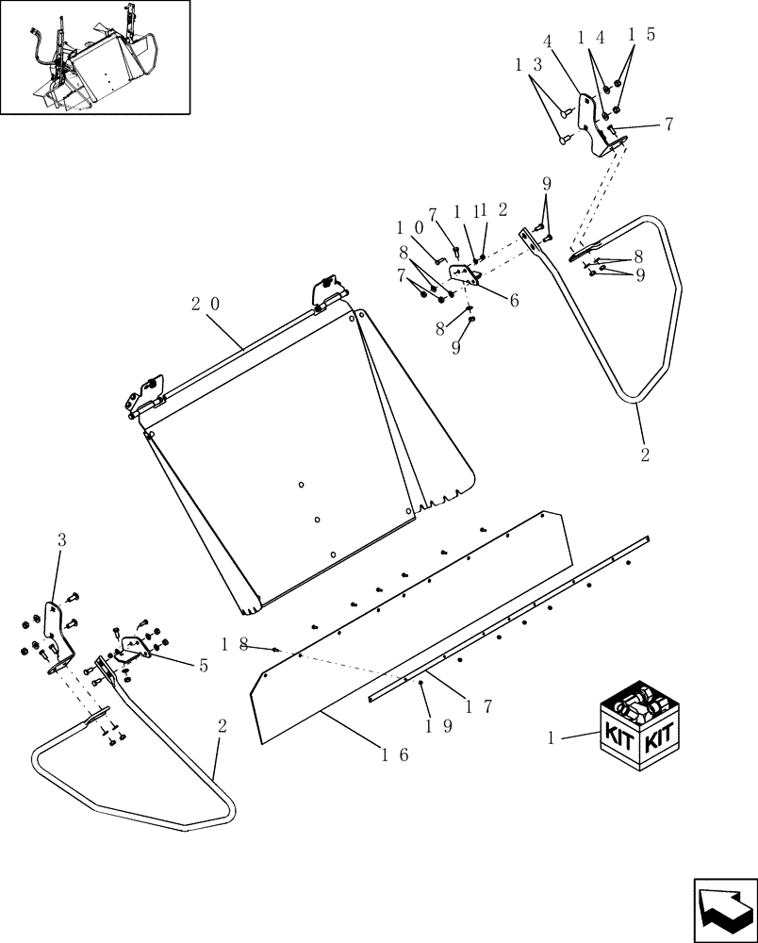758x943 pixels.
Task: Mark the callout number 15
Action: (642, 35)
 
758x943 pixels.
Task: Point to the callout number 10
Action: (411, 228)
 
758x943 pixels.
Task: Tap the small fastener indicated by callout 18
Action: (275, 649)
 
